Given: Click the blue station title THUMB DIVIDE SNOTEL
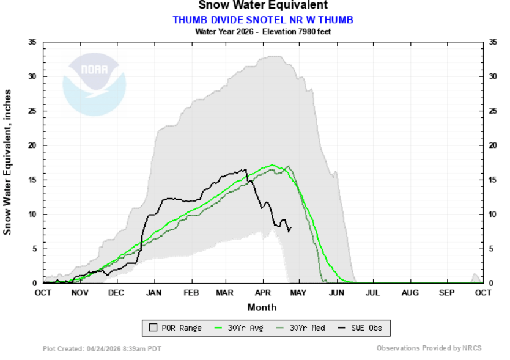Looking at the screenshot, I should [x=263, y=20].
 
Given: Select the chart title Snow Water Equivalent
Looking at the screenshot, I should [x=263, y=6].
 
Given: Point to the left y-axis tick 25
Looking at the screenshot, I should [x=33, y=111].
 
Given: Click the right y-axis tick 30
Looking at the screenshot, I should [x=494, y=76].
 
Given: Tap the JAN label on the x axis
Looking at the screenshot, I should [x=153, y=293].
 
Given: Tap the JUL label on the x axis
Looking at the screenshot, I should [x=372, y=293].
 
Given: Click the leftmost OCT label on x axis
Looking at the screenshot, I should [x=43, y=293].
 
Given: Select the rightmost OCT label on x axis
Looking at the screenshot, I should [x=483, y=293].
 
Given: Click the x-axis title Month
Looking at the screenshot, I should [x=262, y=307].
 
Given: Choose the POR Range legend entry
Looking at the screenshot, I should [x=176, y=328].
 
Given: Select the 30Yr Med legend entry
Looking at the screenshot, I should [x=304, y=328].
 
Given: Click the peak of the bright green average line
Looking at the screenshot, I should [x=272, y=164].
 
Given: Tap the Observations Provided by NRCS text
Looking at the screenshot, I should [x=429, y=348].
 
